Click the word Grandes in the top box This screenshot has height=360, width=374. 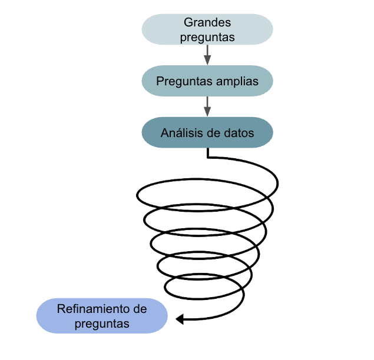tap(207, 22)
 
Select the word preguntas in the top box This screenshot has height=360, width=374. tap(207, 36)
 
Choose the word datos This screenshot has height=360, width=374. tap(240, 133)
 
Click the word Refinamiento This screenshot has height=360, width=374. tap(94, 309)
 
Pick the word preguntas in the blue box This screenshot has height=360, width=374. tap(102, 323)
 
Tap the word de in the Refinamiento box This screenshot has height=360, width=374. tap(140, 309)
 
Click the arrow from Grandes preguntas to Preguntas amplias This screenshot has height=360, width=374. tap(207, 55)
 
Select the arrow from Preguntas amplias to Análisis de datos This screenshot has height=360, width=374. tap(207, 106)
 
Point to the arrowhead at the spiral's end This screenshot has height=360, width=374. tap(181, 319)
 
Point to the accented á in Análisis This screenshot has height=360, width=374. tap(172, 133)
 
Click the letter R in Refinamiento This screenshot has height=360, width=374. tap(61, 309)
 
